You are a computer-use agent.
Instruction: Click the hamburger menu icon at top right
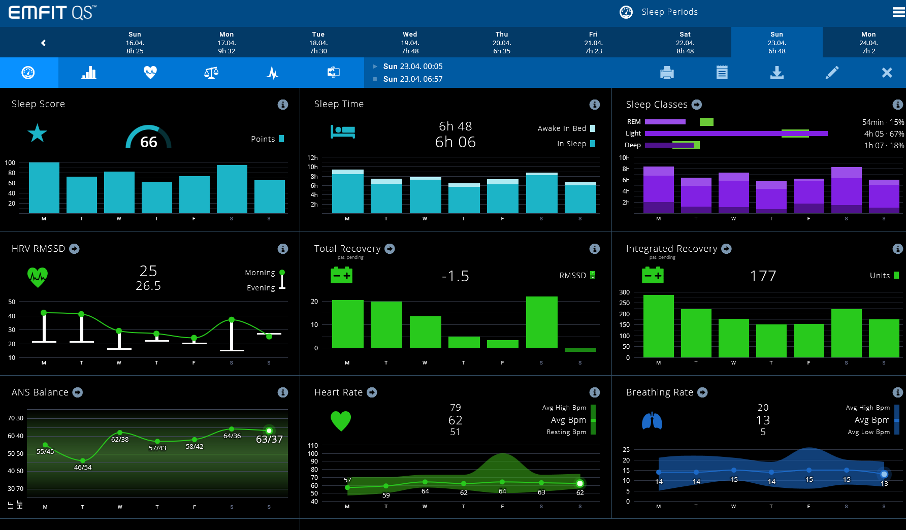pos(898,12)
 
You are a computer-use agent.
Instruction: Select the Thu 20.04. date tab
pos(502,43)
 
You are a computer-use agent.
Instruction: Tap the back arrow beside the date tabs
pos(44,43)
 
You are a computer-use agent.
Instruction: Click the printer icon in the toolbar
pos(667,73)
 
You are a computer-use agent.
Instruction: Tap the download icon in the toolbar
pos(776,73)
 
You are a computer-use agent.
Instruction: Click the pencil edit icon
pos(832,73)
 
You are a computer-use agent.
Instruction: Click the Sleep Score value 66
pos(148,142)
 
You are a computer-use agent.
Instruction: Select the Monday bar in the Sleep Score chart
pos(44,187)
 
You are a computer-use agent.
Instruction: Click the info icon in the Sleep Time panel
pos(594,105)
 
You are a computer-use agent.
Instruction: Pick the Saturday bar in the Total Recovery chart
pos(541,322)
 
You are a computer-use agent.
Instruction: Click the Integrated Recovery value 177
pos(763,276)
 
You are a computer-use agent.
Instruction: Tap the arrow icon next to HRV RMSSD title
pos(74,249)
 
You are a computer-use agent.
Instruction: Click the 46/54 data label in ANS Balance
pos(83,468)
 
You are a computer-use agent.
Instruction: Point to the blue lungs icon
pos(652,421)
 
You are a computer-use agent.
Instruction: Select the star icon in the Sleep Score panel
pos(37,134)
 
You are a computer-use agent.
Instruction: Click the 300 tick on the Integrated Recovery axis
pos(624,292)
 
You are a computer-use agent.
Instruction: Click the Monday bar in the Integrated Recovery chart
pos(658,326)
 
